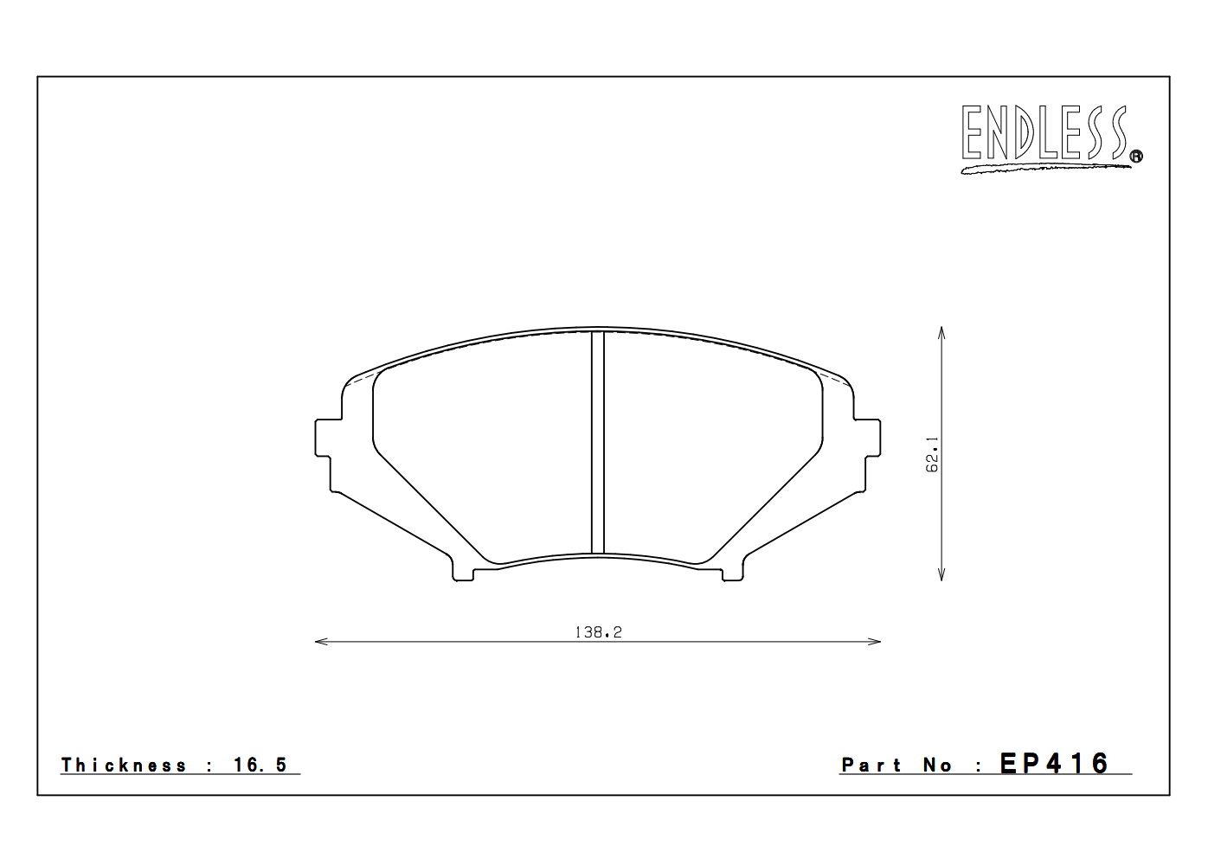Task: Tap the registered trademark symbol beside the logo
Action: point(1136,157)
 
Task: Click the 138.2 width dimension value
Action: point(598,632)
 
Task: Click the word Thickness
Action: point(124,766)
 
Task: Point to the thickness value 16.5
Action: point(260,766)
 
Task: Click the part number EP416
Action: point(1054,764)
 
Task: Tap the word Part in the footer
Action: point(871,766)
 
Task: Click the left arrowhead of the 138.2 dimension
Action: point(318,642)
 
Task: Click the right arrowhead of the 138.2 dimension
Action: point(876,642)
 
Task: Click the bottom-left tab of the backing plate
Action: point(463,573)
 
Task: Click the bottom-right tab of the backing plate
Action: point(732,573)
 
